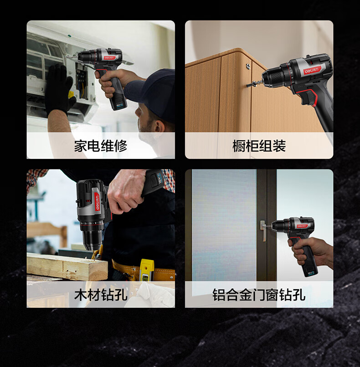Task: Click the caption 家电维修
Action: coord(101,146)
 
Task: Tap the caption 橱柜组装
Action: coord(259,146)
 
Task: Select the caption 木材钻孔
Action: coord(101,295)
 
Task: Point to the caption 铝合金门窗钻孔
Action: coord(259,295)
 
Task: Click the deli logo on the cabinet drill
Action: coord(312,71)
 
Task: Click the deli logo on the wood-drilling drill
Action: coord(98,201)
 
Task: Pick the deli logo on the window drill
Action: coord(302,226)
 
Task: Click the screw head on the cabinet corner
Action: coord(248,66)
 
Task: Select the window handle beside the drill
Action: coord(263,230)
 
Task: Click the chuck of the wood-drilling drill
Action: coord(93,239)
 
